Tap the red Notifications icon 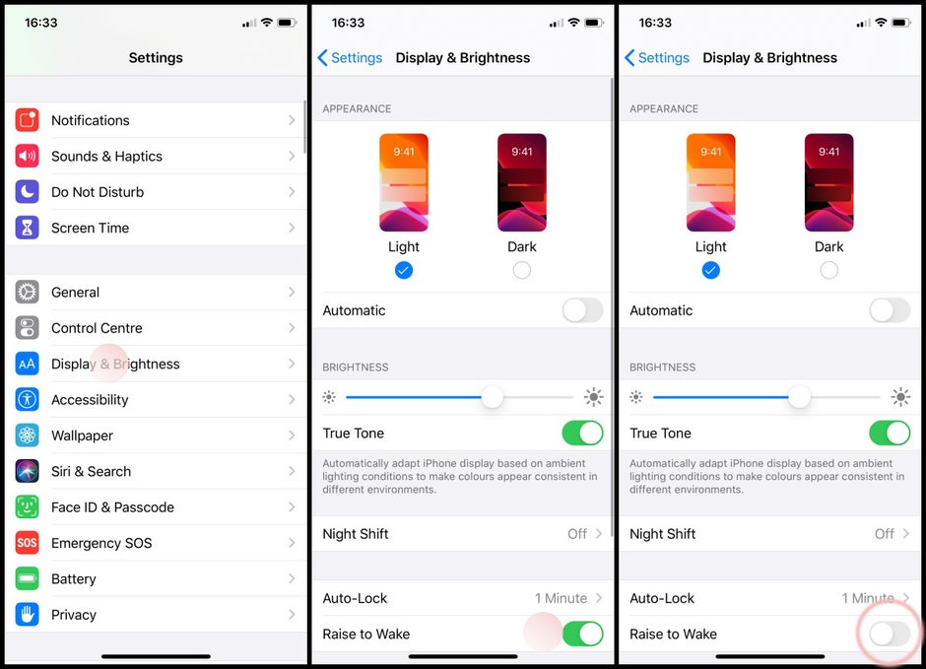(x=28, y=120)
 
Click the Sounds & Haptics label (x=106, y=156)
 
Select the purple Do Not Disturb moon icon (x=28, y=192)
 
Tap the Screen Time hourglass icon (x=28, y=228)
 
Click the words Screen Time (x=90, y=228)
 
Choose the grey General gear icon (x=28, y=293)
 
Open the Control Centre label (x=97, y=328)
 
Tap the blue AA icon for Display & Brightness (x=28, y=365)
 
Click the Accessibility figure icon (x=28, y=400)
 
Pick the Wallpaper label (x=82, y=435)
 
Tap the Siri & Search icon (x=28, y=471)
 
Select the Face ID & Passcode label (x=112, y=507)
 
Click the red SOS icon (x=28, y=543)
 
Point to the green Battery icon (x=28, y=579)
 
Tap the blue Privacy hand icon (x=28, y=615)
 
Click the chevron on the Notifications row (x=292, y=120)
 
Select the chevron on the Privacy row (x=292, y=615)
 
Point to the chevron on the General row (x=292, y=293)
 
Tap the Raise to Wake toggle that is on (x=582, y=634)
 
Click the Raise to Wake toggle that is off (x=890, y=634)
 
